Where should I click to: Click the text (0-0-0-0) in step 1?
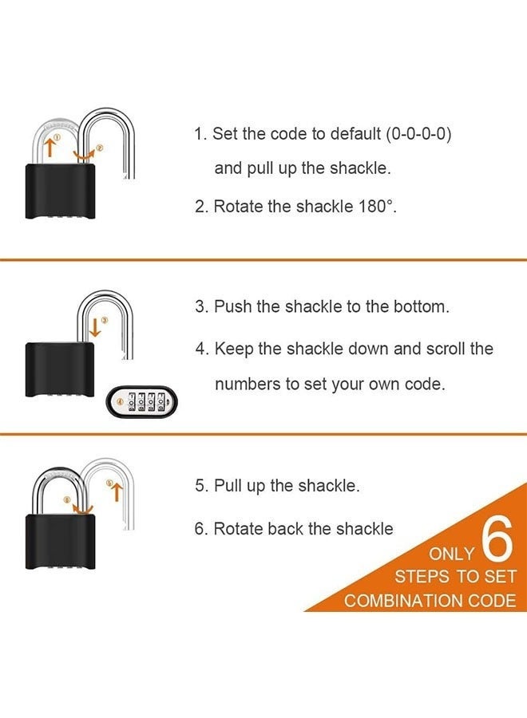[418, 134]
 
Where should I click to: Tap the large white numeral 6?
[497, 539]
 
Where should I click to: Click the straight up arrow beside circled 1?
[50, 147]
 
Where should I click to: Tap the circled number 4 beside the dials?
[121, 401]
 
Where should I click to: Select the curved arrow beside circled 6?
[82, 509]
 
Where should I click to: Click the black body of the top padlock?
[60, 190]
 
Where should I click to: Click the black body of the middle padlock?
[60, 369]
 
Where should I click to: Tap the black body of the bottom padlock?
[60, 542]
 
